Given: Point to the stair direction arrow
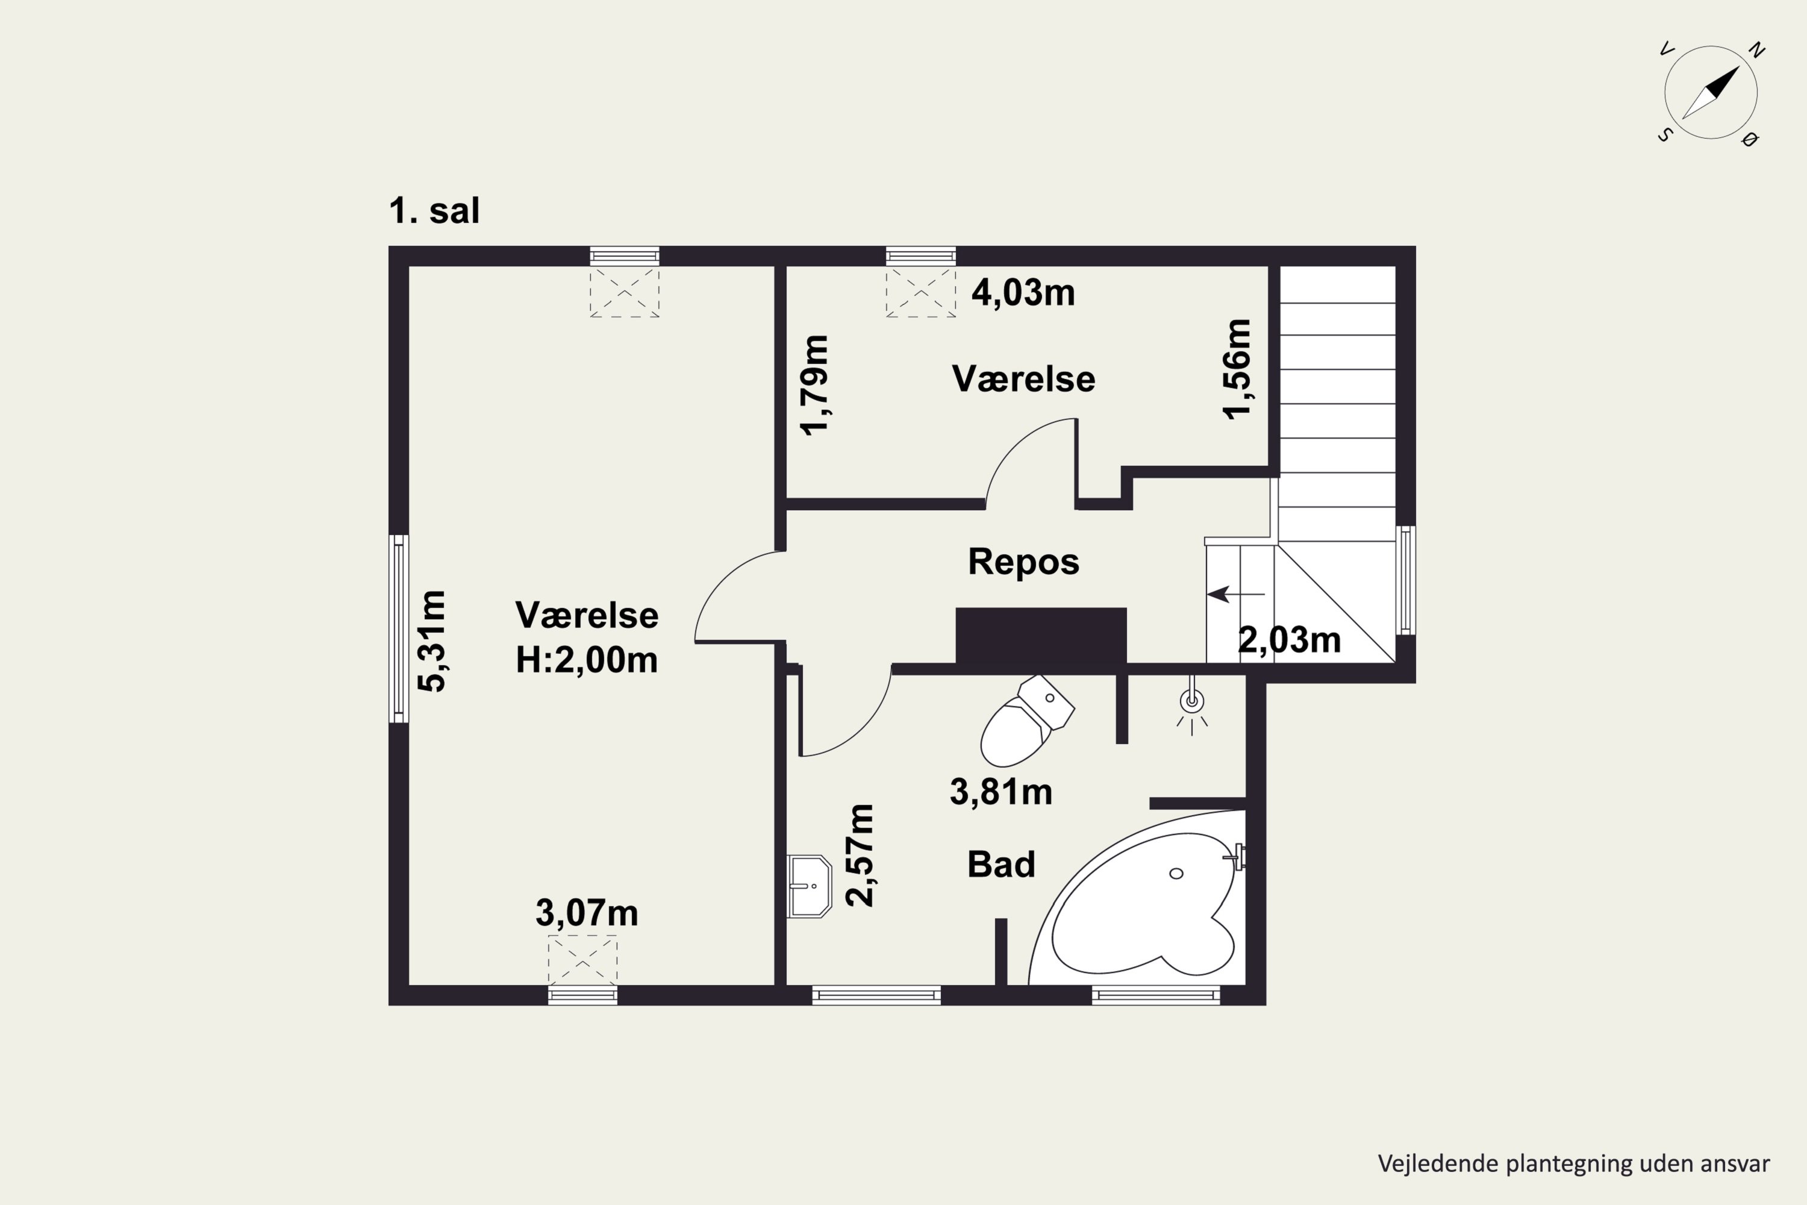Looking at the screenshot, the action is pos(1235,594).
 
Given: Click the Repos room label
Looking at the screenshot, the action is pos(1023,562).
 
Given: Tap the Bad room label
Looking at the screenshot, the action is pos(1001,865).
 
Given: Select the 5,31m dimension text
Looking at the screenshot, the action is pos(432,641).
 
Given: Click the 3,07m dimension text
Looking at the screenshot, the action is pos(587,913).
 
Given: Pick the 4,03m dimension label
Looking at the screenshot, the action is pos(1023,293).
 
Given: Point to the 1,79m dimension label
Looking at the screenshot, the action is pos(815,385).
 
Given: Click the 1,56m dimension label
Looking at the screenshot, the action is pos(1237,368).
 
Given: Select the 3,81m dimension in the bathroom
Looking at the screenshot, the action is pos(1001,792).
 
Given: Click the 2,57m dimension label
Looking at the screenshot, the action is pos(860,856).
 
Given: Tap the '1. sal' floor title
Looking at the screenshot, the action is pos(434,210).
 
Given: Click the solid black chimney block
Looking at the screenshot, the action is pos(1041,635).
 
